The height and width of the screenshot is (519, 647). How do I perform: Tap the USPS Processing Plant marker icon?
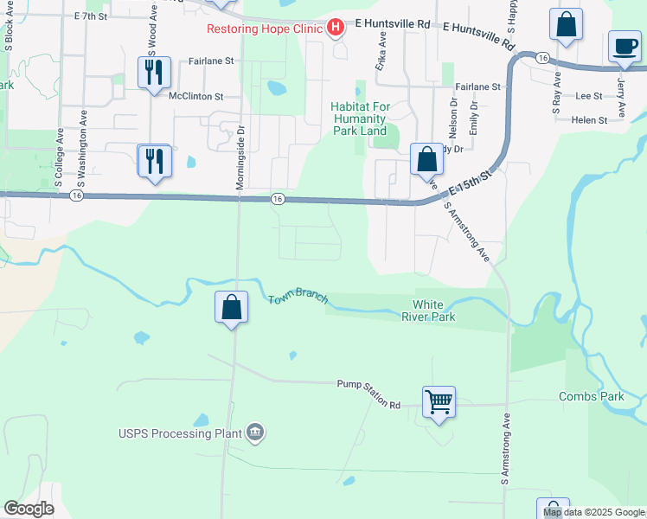254,432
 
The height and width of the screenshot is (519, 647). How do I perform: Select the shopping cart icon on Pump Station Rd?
439,401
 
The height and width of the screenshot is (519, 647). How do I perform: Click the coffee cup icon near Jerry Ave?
625,46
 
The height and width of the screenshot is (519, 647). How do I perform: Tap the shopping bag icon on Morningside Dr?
232,307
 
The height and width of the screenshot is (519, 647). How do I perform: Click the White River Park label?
433,311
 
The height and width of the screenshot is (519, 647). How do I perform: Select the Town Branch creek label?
298,297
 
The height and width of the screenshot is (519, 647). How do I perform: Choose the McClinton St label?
196,97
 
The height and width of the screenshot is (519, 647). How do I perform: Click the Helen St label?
589,120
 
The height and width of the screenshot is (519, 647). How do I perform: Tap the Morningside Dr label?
240,160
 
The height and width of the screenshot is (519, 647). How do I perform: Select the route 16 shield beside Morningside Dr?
277,199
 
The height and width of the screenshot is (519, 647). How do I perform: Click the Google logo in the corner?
29,509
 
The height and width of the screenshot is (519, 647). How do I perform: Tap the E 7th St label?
91,16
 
